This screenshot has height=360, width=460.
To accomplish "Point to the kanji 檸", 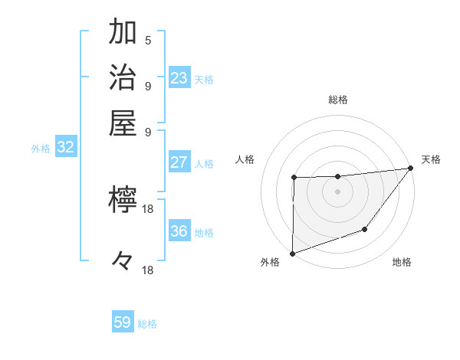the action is click(x=123, y=201).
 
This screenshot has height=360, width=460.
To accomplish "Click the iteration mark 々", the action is click(x=123, y=261).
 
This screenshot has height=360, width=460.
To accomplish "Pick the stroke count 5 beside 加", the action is click(x=148, y=40).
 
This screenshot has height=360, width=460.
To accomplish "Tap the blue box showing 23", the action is click(x=179, y=78).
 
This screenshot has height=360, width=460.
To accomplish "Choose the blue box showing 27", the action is click(x=179, y=162).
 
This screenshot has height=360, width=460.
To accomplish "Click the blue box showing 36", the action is click(x=179, y=231).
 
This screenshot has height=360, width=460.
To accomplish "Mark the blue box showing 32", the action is click(x=65, y=148).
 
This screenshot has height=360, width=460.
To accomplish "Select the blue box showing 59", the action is click(x=123, y=322).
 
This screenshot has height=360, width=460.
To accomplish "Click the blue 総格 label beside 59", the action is click(x=147, y=324).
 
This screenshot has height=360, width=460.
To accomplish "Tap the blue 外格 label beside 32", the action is click(x=41, y=149).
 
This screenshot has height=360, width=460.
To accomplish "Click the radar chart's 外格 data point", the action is click(x=293, y=253).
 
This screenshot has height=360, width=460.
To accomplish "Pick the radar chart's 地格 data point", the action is click(x=366, y=229).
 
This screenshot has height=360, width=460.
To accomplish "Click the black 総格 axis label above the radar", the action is click(x=338, y=100).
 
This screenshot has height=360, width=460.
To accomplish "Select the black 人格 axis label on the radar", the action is click(x=245, y=159).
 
